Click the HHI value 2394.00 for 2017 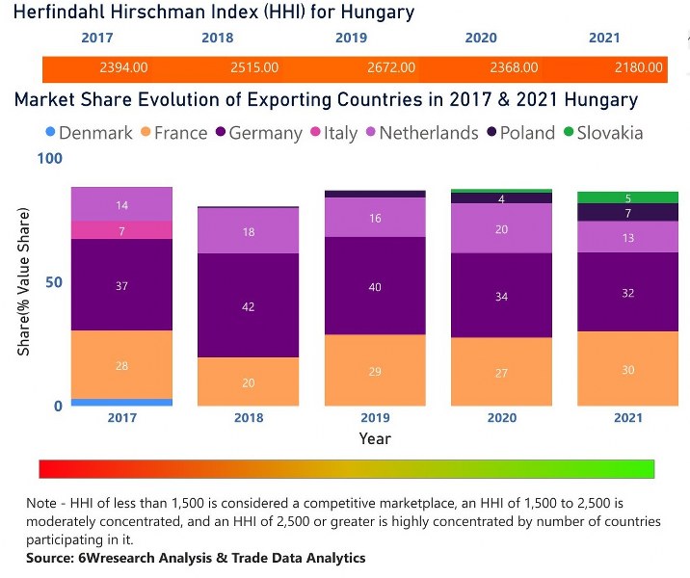123,67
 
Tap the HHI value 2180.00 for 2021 639,67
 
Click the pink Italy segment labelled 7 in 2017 122,230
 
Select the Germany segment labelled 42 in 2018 248,305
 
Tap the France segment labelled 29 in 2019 375,371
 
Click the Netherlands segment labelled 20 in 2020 501,228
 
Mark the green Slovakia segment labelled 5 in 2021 627,197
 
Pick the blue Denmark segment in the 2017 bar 122,402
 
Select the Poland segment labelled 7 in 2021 627,213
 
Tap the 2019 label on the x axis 375,419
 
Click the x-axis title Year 375,438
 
